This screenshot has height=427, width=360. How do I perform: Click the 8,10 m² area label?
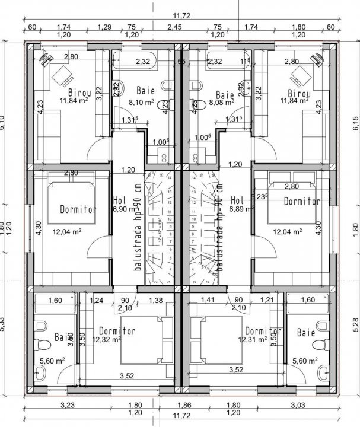tap(141, 102)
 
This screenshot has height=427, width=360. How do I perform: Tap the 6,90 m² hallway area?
tap(125, 209)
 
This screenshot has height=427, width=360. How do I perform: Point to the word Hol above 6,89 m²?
tap(237, 200)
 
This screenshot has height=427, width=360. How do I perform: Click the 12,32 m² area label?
tap(107, 340)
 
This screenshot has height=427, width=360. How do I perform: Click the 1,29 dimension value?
tap(104, 27)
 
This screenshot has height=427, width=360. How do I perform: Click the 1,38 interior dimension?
tap(156, 301)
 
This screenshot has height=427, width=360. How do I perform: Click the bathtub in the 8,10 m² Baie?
tap(135, 61)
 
